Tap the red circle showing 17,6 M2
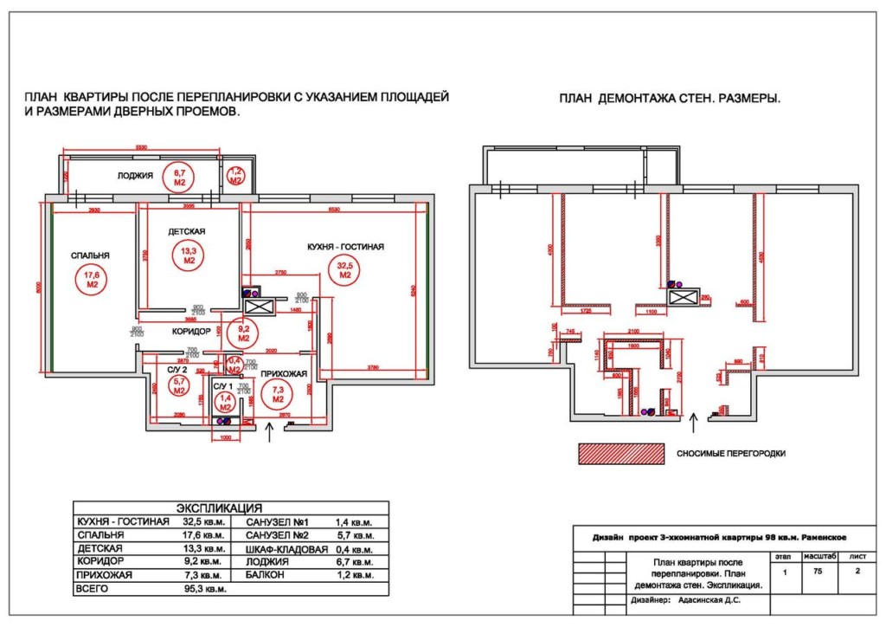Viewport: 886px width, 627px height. tap(91, 279)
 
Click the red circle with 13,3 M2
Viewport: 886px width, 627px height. tap(188, 254)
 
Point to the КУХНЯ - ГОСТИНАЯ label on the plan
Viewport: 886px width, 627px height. tap(345, 247)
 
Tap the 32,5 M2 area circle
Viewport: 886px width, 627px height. tap(344, 269)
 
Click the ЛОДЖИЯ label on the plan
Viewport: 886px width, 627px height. tap(136, 176)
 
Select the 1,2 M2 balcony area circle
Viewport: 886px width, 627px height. tap(235, 176)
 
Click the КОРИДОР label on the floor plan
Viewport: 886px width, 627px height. tap(191, 331)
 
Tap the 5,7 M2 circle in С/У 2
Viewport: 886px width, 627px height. tap(179, 386)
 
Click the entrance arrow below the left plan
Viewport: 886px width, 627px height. tap(273, 433)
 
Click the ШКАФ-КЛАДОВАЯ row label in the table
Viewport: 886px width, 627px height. tap(287, 549)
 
